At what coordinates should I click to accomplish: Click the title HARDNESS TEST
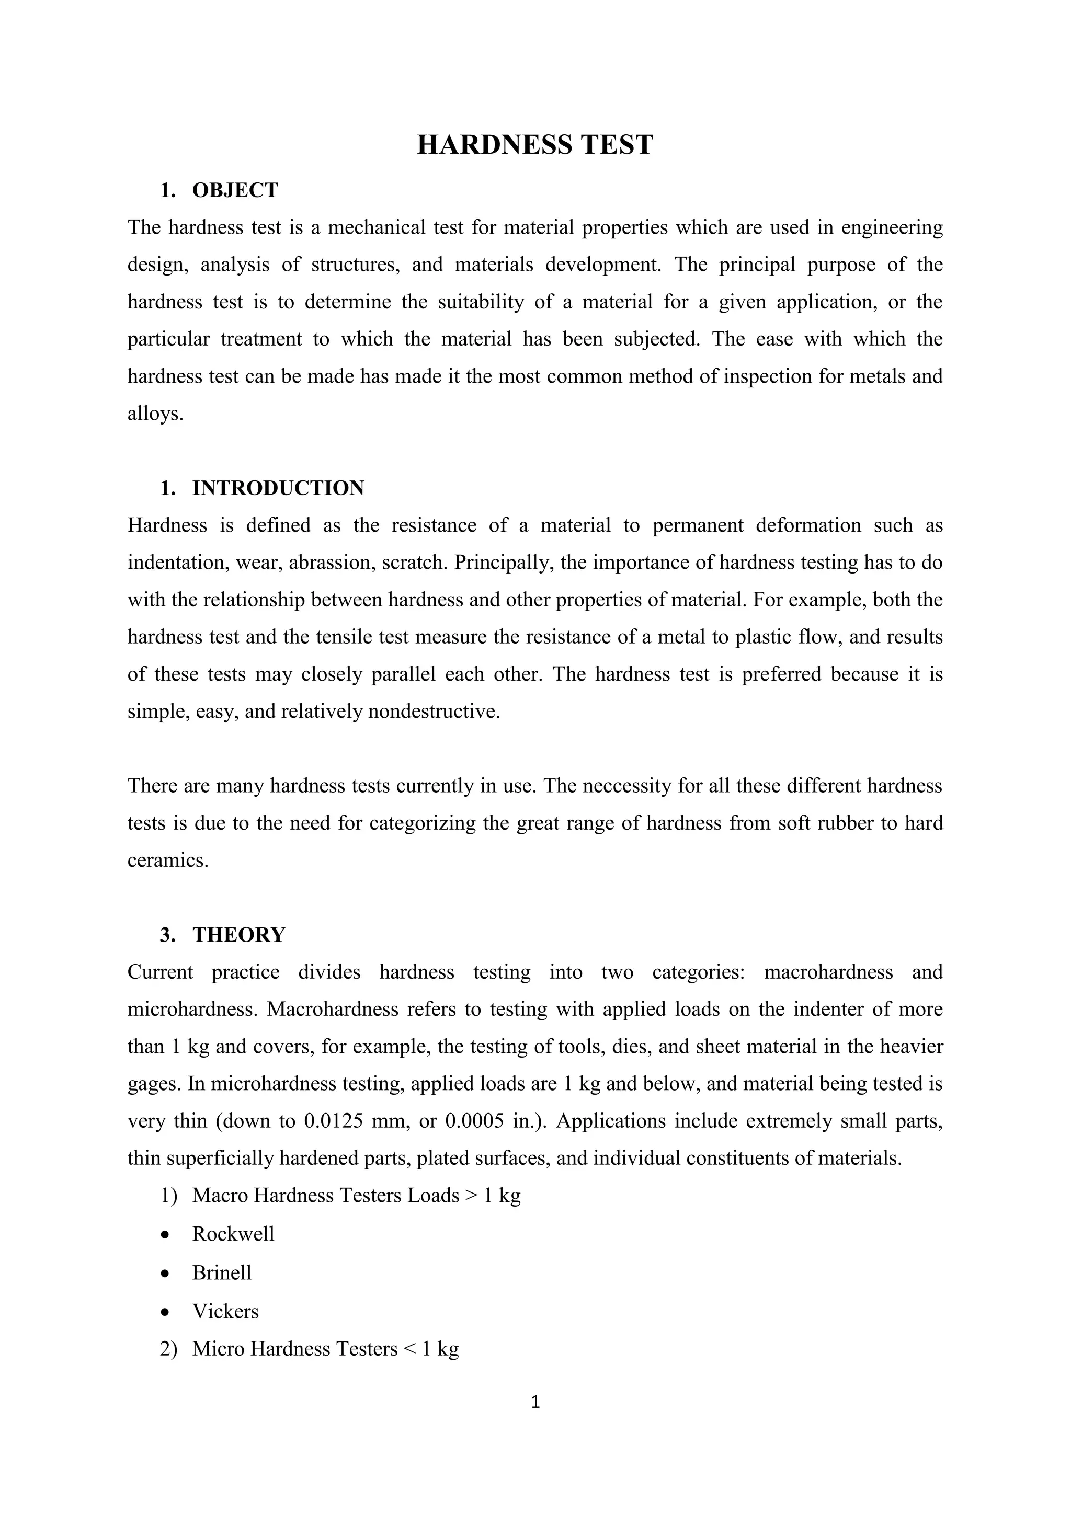(535, 145)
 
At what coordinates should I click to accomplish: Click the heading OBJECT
(235, 190)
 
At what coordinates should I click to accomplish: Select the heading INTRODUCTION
(278, 488)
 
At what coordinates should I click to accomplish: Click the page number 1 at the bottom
(535, 1403)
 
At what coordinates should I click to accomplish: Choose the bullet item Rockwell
(233, 1234)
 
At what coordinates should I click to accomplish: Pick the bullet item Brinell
(222, 1272)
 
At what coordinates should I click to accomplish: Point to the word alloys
(154, 414)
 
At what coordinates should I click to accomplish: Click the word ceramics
(167, 861)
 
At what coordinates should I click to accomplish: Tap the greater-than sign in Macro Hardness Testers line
(471, 1196)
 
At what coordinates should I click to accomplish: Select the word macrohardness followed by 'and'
(828, 972)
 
